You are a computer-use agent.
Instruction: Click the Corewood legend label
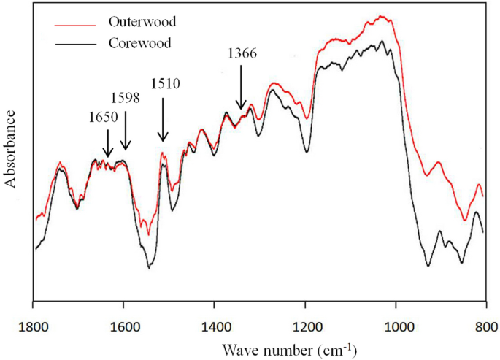pyautogui.click(x=139, y=42)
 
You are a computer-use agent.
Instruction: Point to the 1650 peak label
pyautogui.click(x=101, y=117)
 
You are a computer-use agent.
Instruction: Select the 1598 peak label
pyautogui.click(x=124, y=98)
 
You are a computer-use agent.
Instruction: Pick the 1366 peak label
pyautogui.click(x=242, y=53)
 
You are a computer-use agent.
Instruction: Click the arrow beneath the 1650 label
pyautogui.click(x=107, y=143)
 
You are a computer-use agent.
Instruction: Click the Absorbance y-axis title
pyautogui.click(x=11, y=149)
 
